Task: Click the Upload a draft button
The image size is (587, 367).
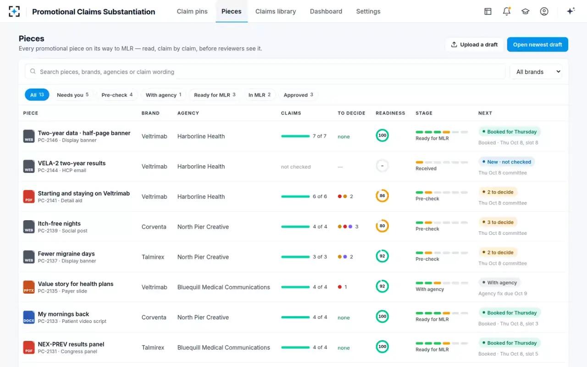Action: point(474,44)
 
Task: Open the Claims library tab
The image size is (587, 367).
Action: point(276,11)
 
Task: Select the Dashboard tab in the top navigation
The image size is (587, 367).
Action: point(326,11)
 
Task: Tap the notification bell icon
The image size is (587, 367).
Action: point(507,11)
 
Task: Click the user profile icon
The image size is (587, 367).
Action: point(544,11)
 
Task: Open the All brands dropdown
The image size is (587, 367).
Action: point(536,72)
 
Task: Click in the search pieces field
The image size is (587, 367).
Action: point(265,72)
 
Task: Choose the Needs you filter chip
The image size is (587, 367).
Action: point(72,95)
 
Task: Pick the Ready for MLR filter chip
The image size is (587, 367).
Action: point(215,95)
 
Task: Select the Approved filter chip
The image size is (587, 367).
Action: point(298,95)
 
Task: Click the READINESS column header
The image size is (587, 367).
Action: point(390,113)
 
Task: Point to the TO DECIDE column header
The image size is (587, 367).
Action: point(351,113)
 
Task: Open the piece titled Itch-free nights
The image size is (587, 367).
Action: point(59,223)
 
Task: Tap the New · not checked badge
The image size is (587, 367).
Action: point(507,162)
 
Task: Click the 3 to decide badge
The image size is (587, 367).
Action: point(498,222)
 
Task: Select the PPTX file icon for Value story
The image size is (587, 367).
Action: point(29,287)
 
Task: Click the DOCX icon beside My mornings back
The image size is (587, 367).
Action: point(29,317)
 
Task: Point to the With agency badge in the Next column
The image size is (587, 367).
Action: point(499,283)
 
